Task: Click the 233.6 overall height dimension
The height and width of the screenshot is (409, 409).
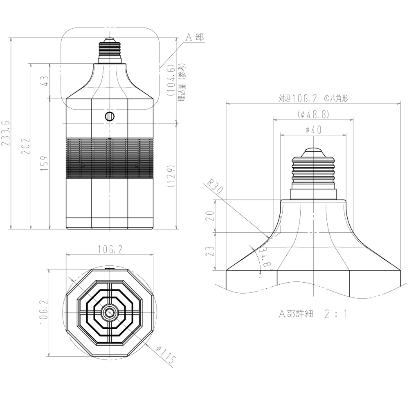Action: [6, 133]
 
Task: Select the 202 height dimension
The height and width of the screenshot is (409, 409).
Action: [25, 146]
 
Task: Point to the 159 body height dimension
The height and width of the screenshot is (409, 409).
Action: [44, 164]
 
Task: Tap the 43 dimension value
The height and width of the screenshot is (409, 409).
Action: [45, 81]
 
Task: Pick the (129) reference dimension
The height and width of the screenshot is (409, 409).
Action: [171, 176]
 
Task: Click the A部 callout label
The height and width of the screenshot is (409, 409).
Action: [195, 37]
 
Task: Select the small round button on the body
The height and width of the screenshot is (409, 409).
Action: [110, 116]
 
